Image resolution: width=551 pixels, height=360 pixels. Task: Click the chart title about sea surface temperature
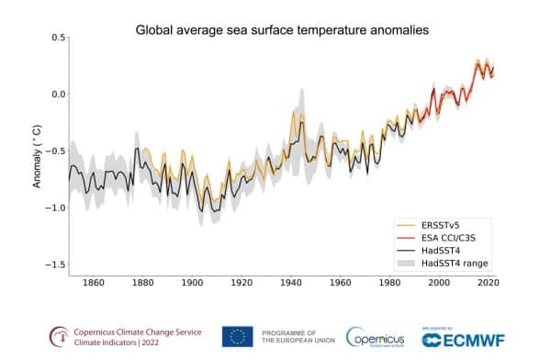283,30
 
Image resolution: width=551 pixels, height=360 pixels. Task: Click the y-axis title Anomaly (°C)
37,152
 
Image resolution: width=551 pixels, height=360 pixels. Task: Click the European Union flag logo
237,337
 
